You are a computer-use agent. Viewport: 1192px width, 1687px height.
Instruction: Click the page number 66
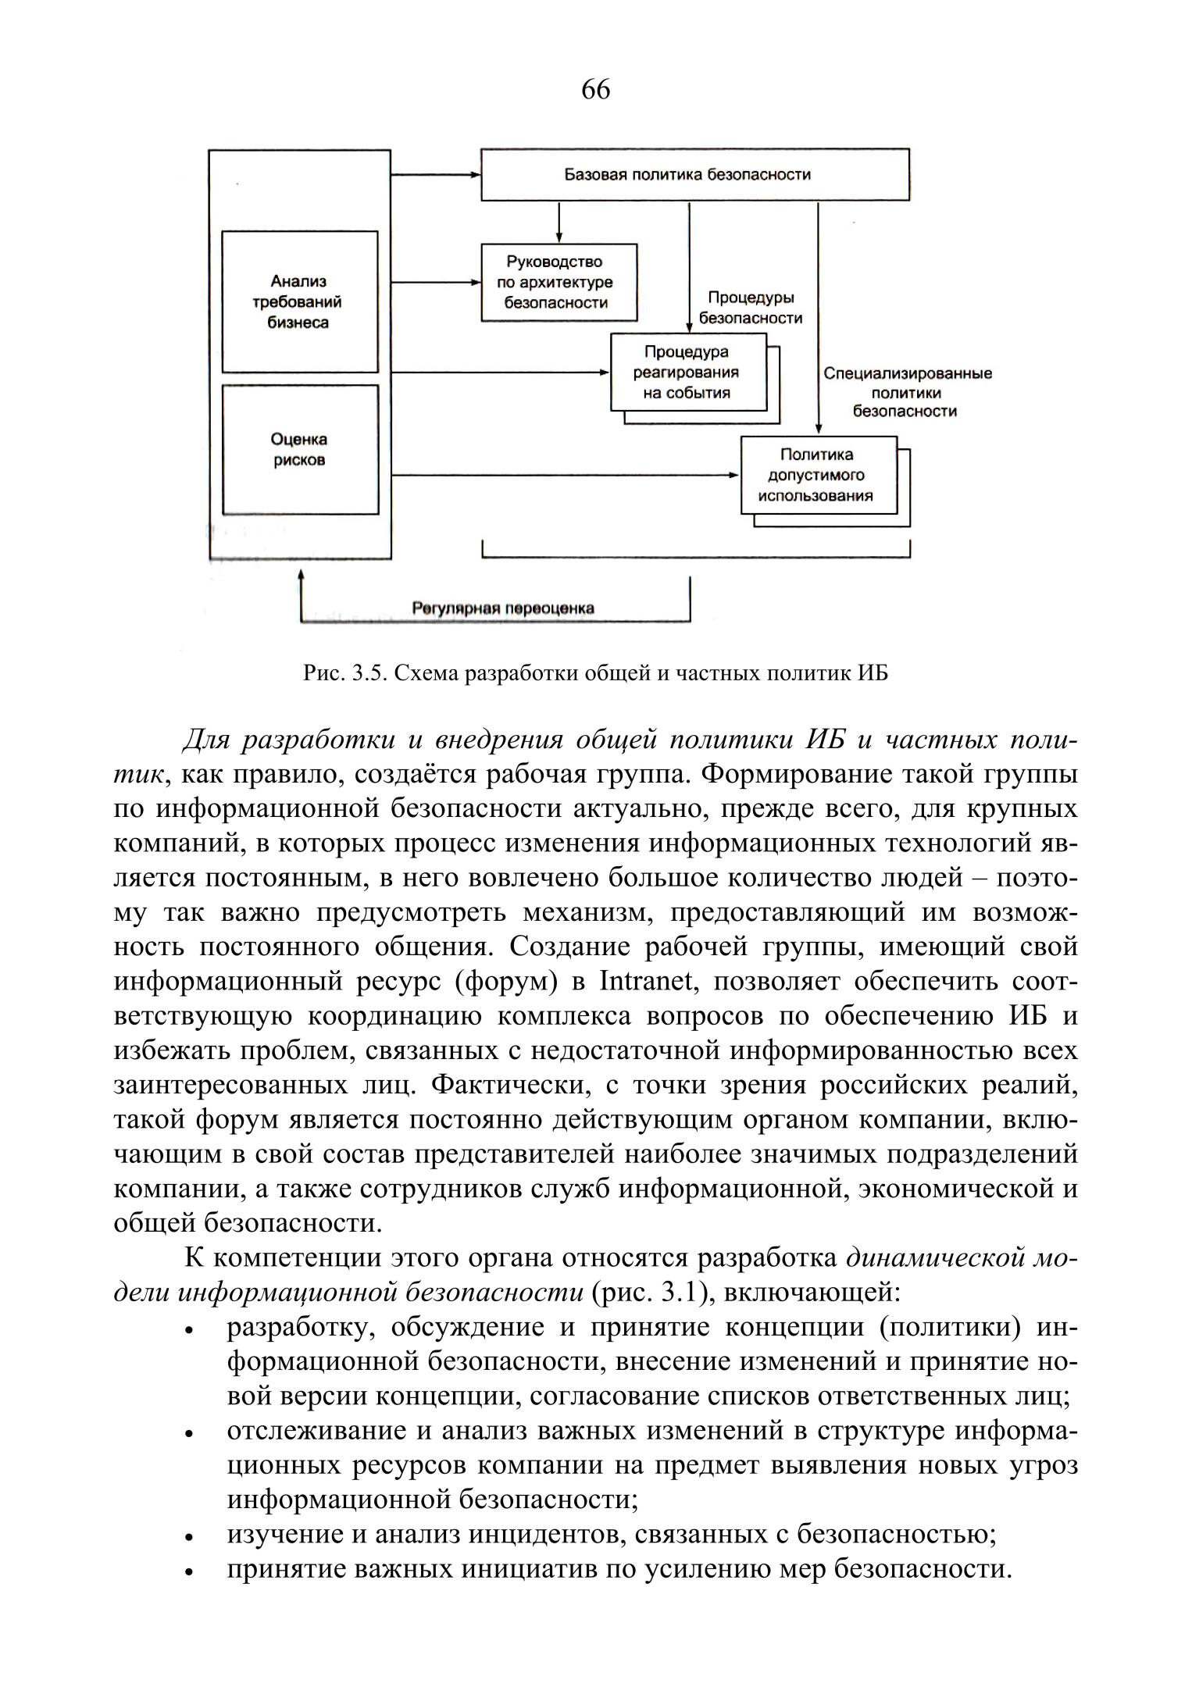coord(595,91)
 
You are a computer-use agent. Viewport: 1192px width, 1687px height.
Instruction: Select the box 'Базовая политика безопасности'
coord(694,174)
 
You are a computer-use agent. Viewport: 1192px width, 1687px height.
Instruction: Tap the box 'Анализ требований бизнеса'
coord(299,301)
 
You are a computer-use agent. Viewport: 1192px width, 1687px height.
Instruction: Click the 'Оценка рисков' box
coord(299,450)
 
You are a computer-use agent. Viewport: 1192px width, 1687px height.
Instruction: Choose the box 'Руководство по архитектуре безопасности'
coord(559,282)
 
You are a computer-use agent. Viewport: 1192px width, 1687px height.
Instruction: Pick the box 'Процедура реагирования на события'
coord(687,373)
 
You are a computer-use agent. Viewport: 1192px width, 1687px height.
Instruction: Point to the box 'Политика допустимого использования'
coord(818,475)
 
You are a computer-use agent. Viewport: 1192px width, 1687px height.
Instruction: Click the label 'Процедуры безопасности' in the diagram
coord(750,308)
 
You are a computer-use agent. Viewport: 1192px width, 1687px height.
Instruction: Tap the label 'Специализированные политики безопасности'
coord(907,392)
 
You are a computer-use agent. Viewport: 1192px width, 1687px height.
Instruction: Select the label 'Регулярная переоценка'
coord(503,608)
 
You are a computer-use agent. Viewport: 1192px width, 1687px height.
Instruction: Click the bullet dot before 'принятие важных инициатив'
coord(189,1571)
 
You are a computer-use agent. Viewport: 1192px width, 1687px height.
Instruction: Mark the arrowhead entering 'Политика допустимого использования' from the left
coord(733,475)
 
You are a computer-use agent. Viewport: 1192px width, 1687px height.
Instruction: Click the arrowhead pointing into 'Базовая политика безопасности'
coord(475,175)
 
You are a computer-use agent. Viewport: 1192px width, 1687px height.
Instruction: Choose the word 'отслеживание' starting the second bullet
coord(312,1431)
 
